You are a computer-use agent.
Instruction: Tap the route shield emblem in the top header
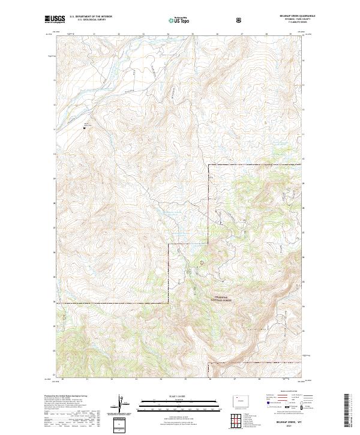pyautogui.click(x=240, y=20)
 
